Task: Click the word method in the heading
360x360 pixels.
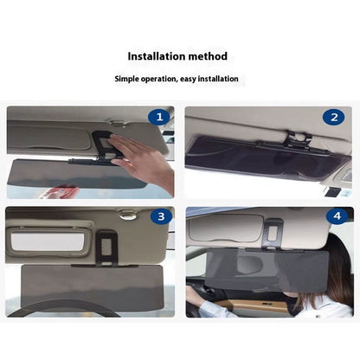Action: [208, 56]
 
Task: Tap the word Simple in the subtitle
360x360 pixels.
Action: [126, 79]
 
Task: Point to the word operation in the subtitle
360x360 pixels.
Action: [159, 80]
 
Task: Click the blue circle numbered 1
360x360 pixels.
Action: [159, 117]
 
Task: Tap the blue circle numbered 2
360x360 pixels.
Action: [334, 117]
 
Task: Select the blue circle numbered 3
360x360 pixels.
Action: [161, 216]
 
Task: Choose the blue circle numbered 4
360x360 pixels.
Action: [337, 215]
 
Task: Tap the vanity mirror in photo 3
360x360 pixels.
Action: [48, 241]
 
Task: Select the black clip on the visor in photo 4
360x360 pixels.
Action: [273, 234]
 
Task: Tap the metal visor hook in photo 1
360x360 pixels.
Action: [118, 123]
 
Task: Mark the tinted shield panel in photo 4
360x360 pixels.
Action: [267, 270]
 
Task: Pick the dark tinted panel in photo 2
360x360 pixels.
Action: [267, 157]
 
